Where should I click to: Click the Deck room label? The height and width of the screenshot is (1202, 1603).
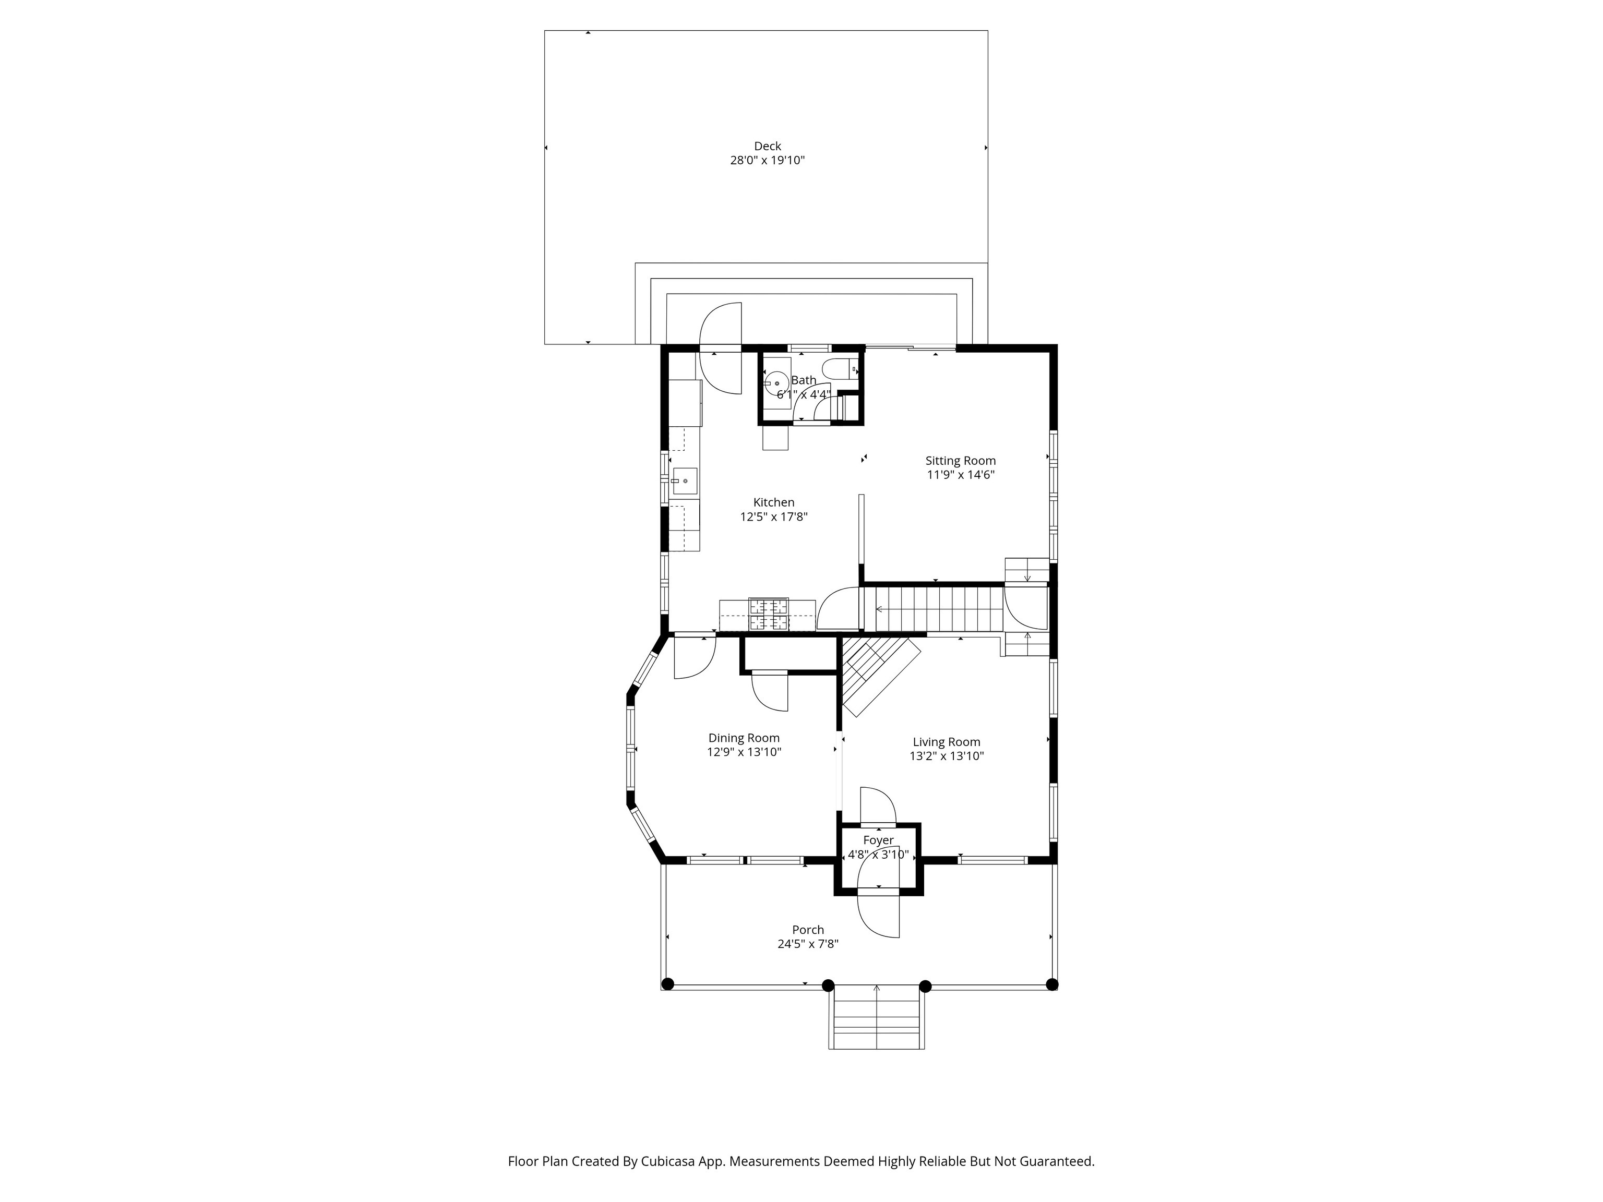768,147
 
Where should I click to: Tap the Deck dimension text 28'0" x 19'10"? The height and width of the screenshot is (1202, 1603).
768,161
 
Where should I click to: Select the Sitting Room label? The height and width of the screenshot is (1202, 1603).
960,461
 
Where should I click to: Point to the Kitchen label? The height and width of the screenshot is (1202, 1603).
774,502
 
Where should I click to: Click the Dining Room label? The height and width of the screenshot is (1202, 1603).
744,738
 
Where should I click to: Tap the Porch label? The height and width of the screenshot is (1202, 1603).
808,930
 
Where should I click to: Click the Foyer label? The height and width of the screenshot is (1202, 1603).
878,840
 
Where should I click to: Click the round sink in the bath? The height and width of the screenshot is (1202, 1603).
777,382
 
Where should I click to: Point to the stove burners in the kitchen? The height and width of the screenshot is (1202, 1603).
769,615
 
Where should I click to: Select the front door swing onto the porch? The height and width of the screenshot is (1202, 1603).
878,917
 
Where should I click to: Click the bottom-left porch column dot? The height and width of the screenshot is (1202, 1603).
668,984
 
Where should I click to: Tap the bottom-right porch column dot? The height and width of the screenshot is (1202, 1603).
1052,984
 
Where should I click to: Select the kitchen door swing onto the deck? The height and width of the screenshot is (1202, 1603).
720,348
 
